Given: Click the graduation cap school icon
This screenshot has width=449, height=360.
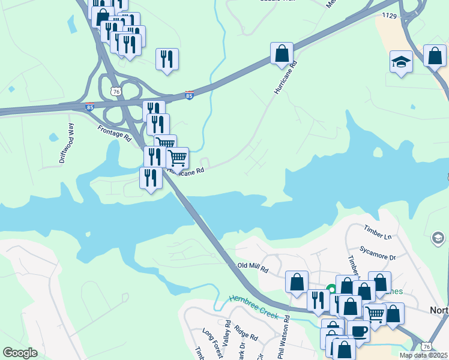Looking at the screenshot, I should click(x=401, y=62).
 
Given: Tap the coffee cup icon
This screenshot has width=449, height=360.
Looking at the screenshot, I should click(x=359, y=331).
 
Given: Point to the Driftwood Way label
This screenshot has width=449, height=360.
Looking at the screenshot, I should click(x=66, y=143).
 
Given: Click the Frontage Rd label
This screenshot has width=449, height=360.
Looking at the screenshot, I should click(x=114, y=133).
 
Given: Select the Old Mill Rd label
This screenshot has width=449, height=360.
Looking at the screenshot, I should click(x=252, y=266).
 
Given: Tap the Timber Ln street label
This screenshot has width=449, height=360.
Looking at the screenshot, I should click(x=378, y=232).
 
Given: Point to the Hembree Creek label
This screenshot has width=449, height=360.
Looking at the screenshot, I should click(x=254, y=306).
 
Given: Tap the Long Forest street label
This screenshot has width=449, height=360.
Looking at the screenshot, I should click(x=212, y=343).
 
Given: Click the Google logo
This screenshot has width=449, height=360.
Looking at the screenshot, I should click(x=20, y=353).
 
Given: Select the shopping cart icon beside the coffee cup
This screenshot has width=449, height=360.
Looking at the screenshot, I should click(x=376, y=314).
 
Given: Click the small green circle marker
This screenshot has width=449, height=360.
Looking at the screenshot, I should click(x=330, y=289).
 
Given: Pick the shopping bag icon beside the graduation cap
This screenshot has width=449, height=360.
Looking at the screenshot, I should click(x=434, y=56).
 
